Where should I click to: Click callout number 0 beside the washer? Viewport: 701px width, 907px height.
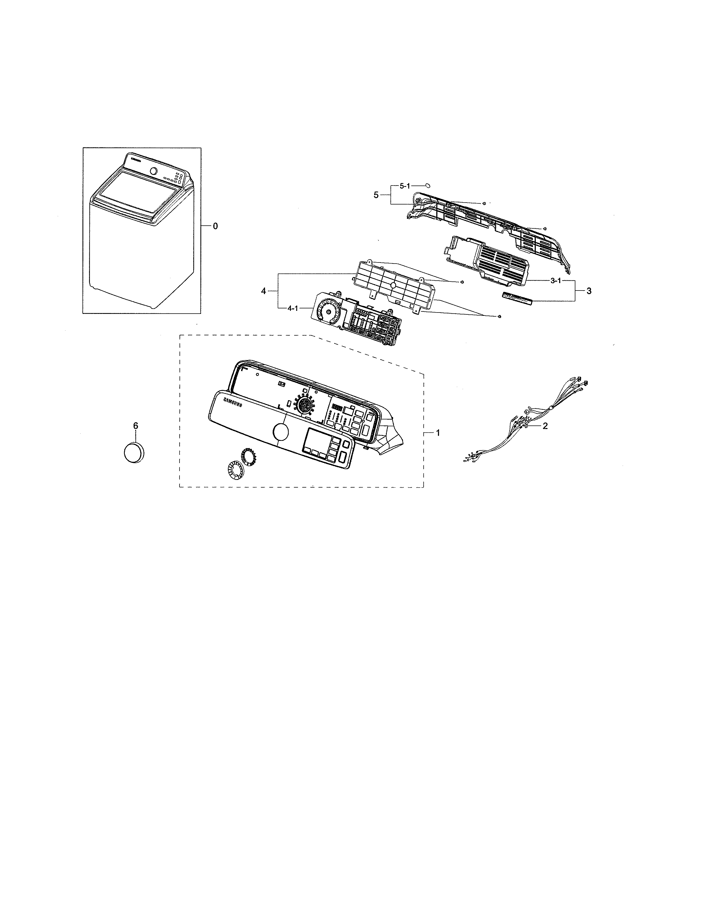point(215,226)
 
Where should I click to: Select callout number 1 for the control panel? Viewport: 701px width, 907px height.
point(437,433)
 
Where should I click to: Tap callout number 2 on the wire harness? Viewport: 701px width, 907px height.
point(545,426)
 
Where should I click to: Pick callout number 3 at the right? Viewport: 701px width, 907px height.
point(589,291)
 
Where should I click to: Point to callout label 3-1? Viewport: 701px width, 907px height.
point(556,281)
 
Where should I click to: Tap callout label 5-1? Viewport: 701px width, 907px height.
point(404,186)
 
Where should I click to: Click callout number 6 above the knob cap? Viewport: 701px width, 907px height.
point(135,426)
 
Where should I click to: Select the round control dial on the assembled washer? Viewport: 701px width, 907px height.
point(154,171)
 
